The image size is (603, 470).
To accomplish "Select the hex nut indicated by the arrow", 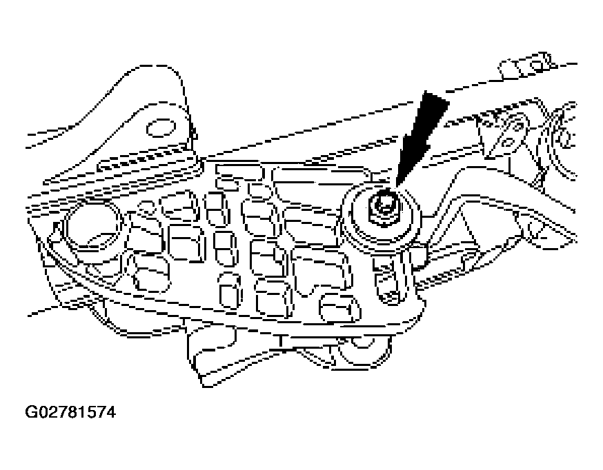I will click(382, 205).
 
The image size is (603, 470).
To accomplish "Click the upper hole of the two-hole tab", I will click(514, 126).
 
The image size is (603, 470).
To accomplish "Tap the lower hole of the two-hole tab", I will click(506, 143).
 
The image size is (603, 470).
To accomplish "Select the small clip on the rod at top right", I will click(517, 68).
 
